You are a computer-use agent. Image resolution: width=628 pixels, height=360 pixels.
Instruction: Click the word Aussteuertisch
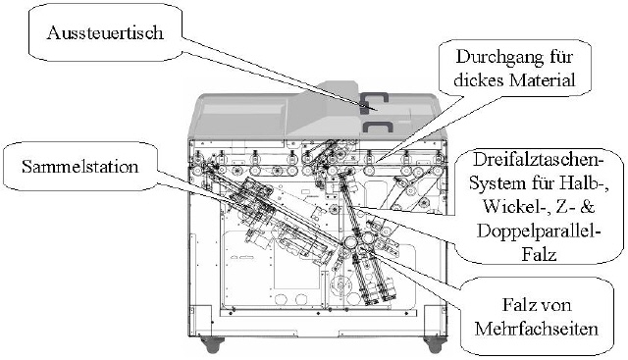[105, 32]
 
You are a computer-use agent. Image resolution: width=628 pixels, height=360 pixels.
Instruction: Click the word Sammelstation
[80, 166]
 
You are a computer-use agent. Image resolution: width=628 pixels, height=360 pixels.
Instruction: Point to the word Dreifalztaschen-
[538, 159]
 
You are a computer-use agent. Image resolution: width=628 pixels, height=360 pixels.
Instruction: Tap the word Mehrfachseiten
[537, 329]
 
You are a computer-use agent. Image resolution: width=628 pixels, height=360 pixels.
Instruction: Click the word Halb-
[587, 183]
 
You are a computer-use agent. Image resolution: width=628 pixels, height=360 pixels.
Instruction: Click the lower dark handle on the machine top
[378, 126]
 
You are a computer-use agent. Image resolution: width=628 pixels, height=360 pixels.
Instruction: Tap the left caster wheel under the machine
[212, 343]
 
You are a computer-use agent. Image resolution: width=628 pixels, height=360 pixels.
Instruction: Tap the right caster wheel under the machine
[436, 343]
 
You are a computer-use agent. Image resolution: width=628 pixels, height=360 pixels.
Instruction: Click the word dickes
[479, 79]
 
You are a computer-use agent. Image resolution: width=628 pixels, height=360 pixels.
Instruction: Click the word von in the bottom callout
[555, 306]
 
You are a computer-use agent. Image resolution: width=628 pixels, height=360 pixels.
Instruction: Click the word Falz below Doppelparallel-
[539, 254]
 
